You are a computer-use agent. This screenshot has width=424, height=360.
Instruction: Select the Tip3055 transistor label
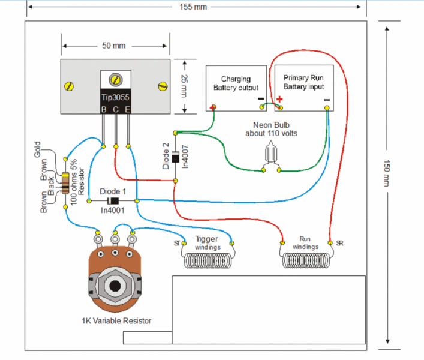115,97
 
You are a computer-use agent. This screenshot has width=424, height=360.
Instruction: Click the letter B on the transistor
103,109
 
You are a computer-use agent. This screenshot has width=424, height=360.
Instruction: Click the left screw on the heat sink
70,86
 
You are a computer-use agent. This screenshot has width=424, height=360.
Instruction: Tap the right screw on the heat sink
161,86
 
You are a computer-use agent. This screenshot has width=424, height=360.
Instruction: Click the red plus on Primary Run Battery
279,100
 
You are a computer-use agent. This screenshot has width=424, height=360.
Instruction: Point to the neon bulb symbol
271,154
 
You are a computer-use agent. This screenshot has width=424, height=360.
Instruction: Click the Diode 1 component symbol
113,200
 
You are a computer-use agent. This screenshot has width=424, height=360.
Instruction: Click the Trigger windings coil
208,262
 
